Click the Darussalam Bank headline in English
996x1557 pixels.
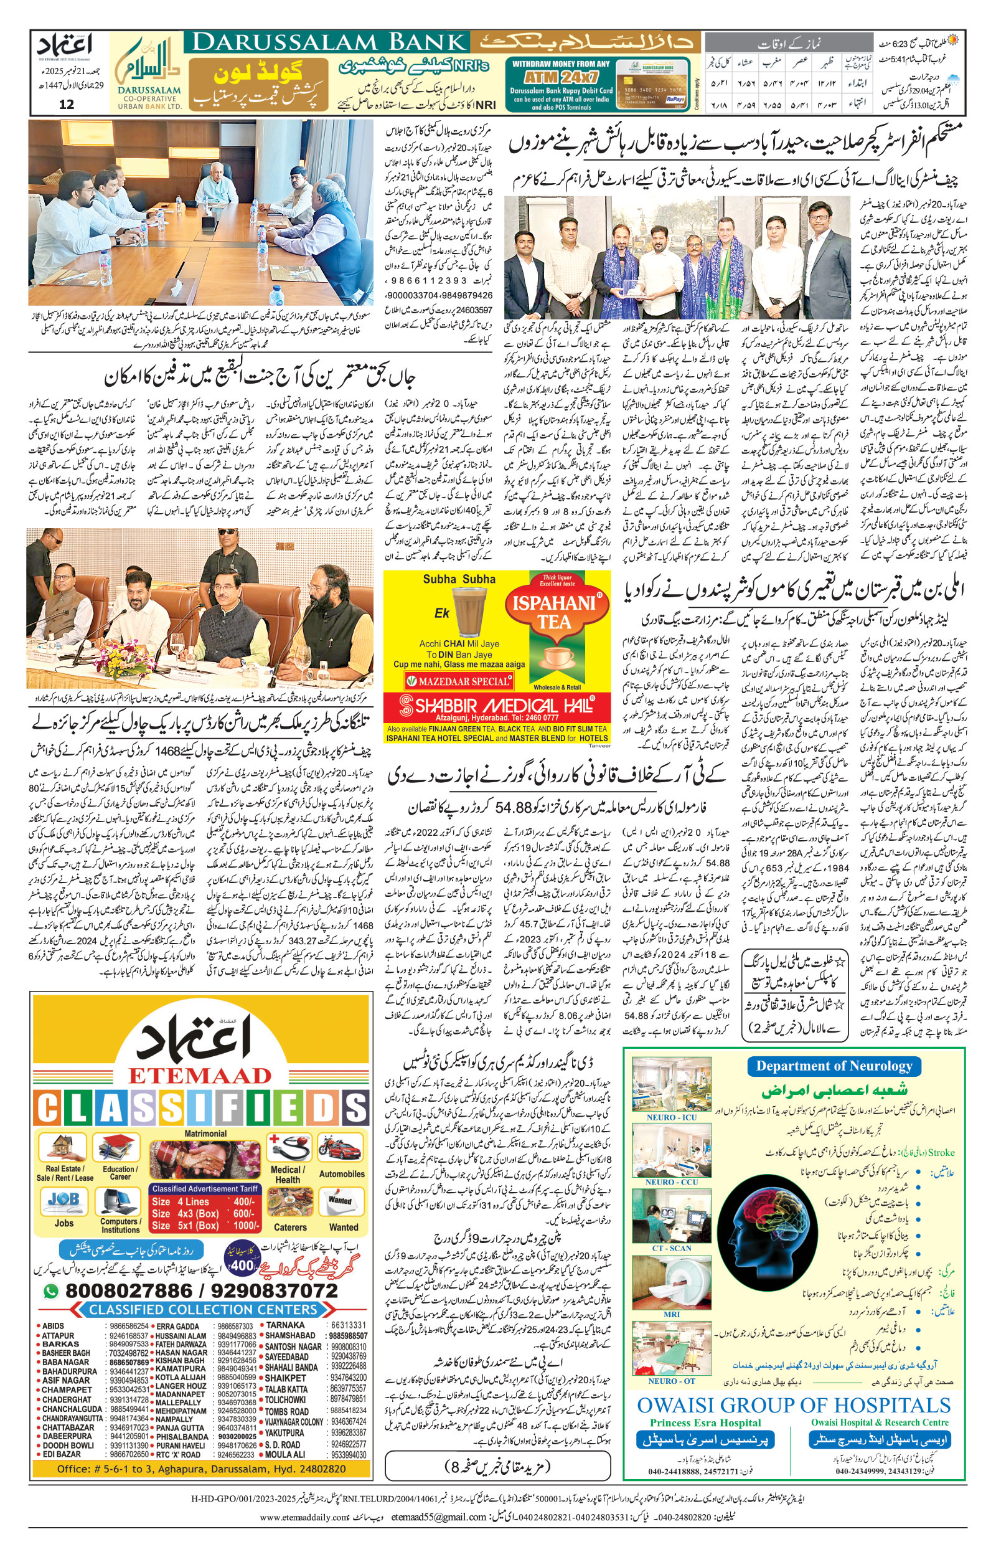(330, 42)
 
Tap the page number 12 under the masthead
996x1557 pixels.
(67, 104)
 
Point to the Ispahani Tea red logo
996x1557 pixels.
(555, 612)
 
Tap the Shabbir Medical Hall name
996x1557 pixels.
(497, 704)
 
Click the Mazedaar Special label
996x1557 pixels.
(458, 681)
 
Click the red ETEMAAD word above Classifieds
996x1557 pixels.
(199, 1075)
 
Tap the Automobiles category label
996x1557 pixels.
(342, 1174)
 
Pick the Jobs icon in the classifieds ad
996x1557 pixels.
(64, 1201)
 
